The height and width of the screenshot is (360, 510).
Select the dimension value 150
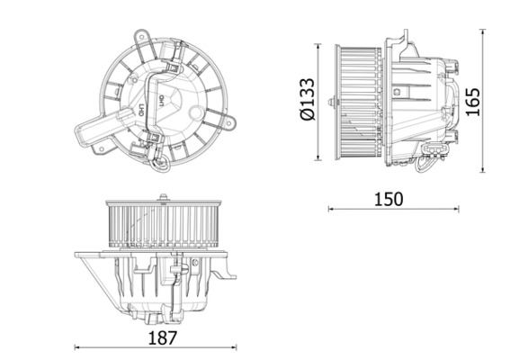pyautogui.click(x=389, y=198)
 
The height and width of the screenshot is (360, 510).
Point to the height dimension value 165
pyautogui.click(x=471, y=101)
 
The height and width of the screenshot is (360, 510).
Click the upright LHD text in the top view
pyautogui.click(x=141, y=112)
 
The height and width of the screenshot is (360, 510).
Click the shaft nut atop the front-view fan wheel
pyautogui.click(x=163, y=197)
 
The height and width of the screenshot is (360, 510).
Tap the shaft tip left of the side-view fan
pyautogui.click(x=332, y=103)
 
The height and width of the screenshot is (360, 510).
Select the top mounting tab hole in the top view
pyautogui.click(x=140, y=38)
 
